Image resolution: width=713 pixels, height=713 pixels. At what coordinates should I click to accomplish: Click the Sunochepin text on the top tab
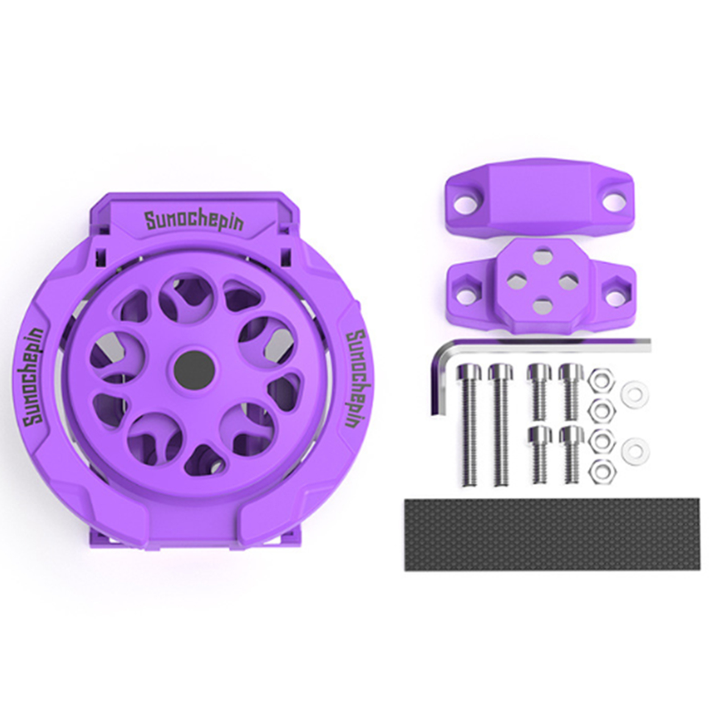click(194, 221)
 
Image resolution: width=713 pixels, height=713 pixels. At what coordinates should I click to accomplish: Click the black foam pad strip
click(528, 534)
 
